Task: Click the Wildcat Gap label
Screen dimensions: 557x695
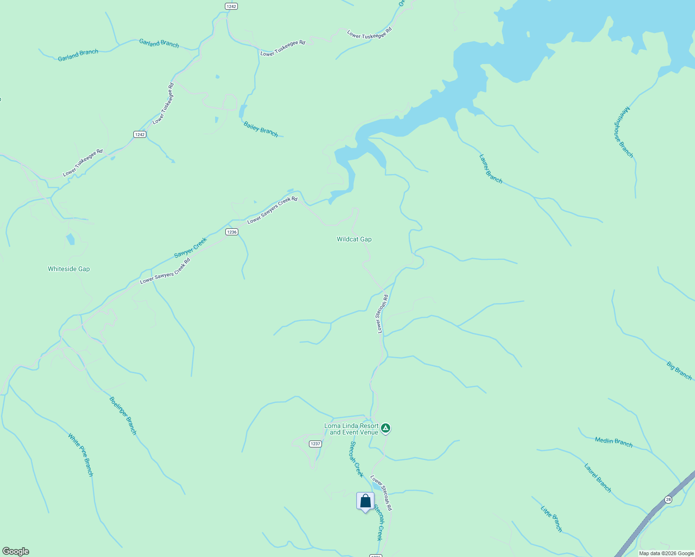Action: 354,240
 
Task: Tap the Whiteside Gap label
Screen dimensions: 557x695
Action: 69,269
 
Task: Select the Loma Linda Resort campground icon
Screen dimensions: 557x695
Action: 385,428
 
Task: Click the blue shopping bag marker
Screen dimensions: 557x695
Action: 365,501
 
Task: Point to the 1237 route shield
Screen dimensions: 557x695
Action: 315,444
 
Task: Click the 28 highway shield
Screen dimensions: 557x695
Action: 668,499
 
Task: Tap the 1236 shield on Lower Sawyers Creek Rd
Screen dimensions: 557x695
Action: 232,232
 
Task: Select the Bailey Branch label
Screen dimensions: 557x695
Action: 261,130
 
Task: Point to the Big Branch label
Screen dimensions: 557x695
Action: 679,371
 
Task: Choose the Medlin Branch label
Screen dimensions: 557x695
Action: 614,442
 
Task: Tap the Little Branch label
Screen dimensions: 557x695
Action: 551,519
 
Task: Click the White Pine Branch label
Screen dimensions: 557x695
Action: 81,455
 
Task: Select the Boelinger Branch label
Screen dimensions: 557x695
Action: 123,415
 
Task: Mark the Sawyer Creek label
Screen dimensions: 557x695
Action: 190,248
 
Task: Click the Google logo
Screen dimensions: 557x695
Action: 16,551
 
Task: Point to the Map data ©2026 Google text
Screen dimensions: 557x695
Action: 666,553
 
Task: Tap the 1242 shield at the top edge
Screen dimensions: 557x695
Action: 231,6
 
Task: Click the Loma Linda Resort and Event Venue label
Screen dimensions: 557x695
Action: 351,429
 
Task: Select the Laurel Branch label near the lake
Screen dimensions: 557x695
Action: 491,169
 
